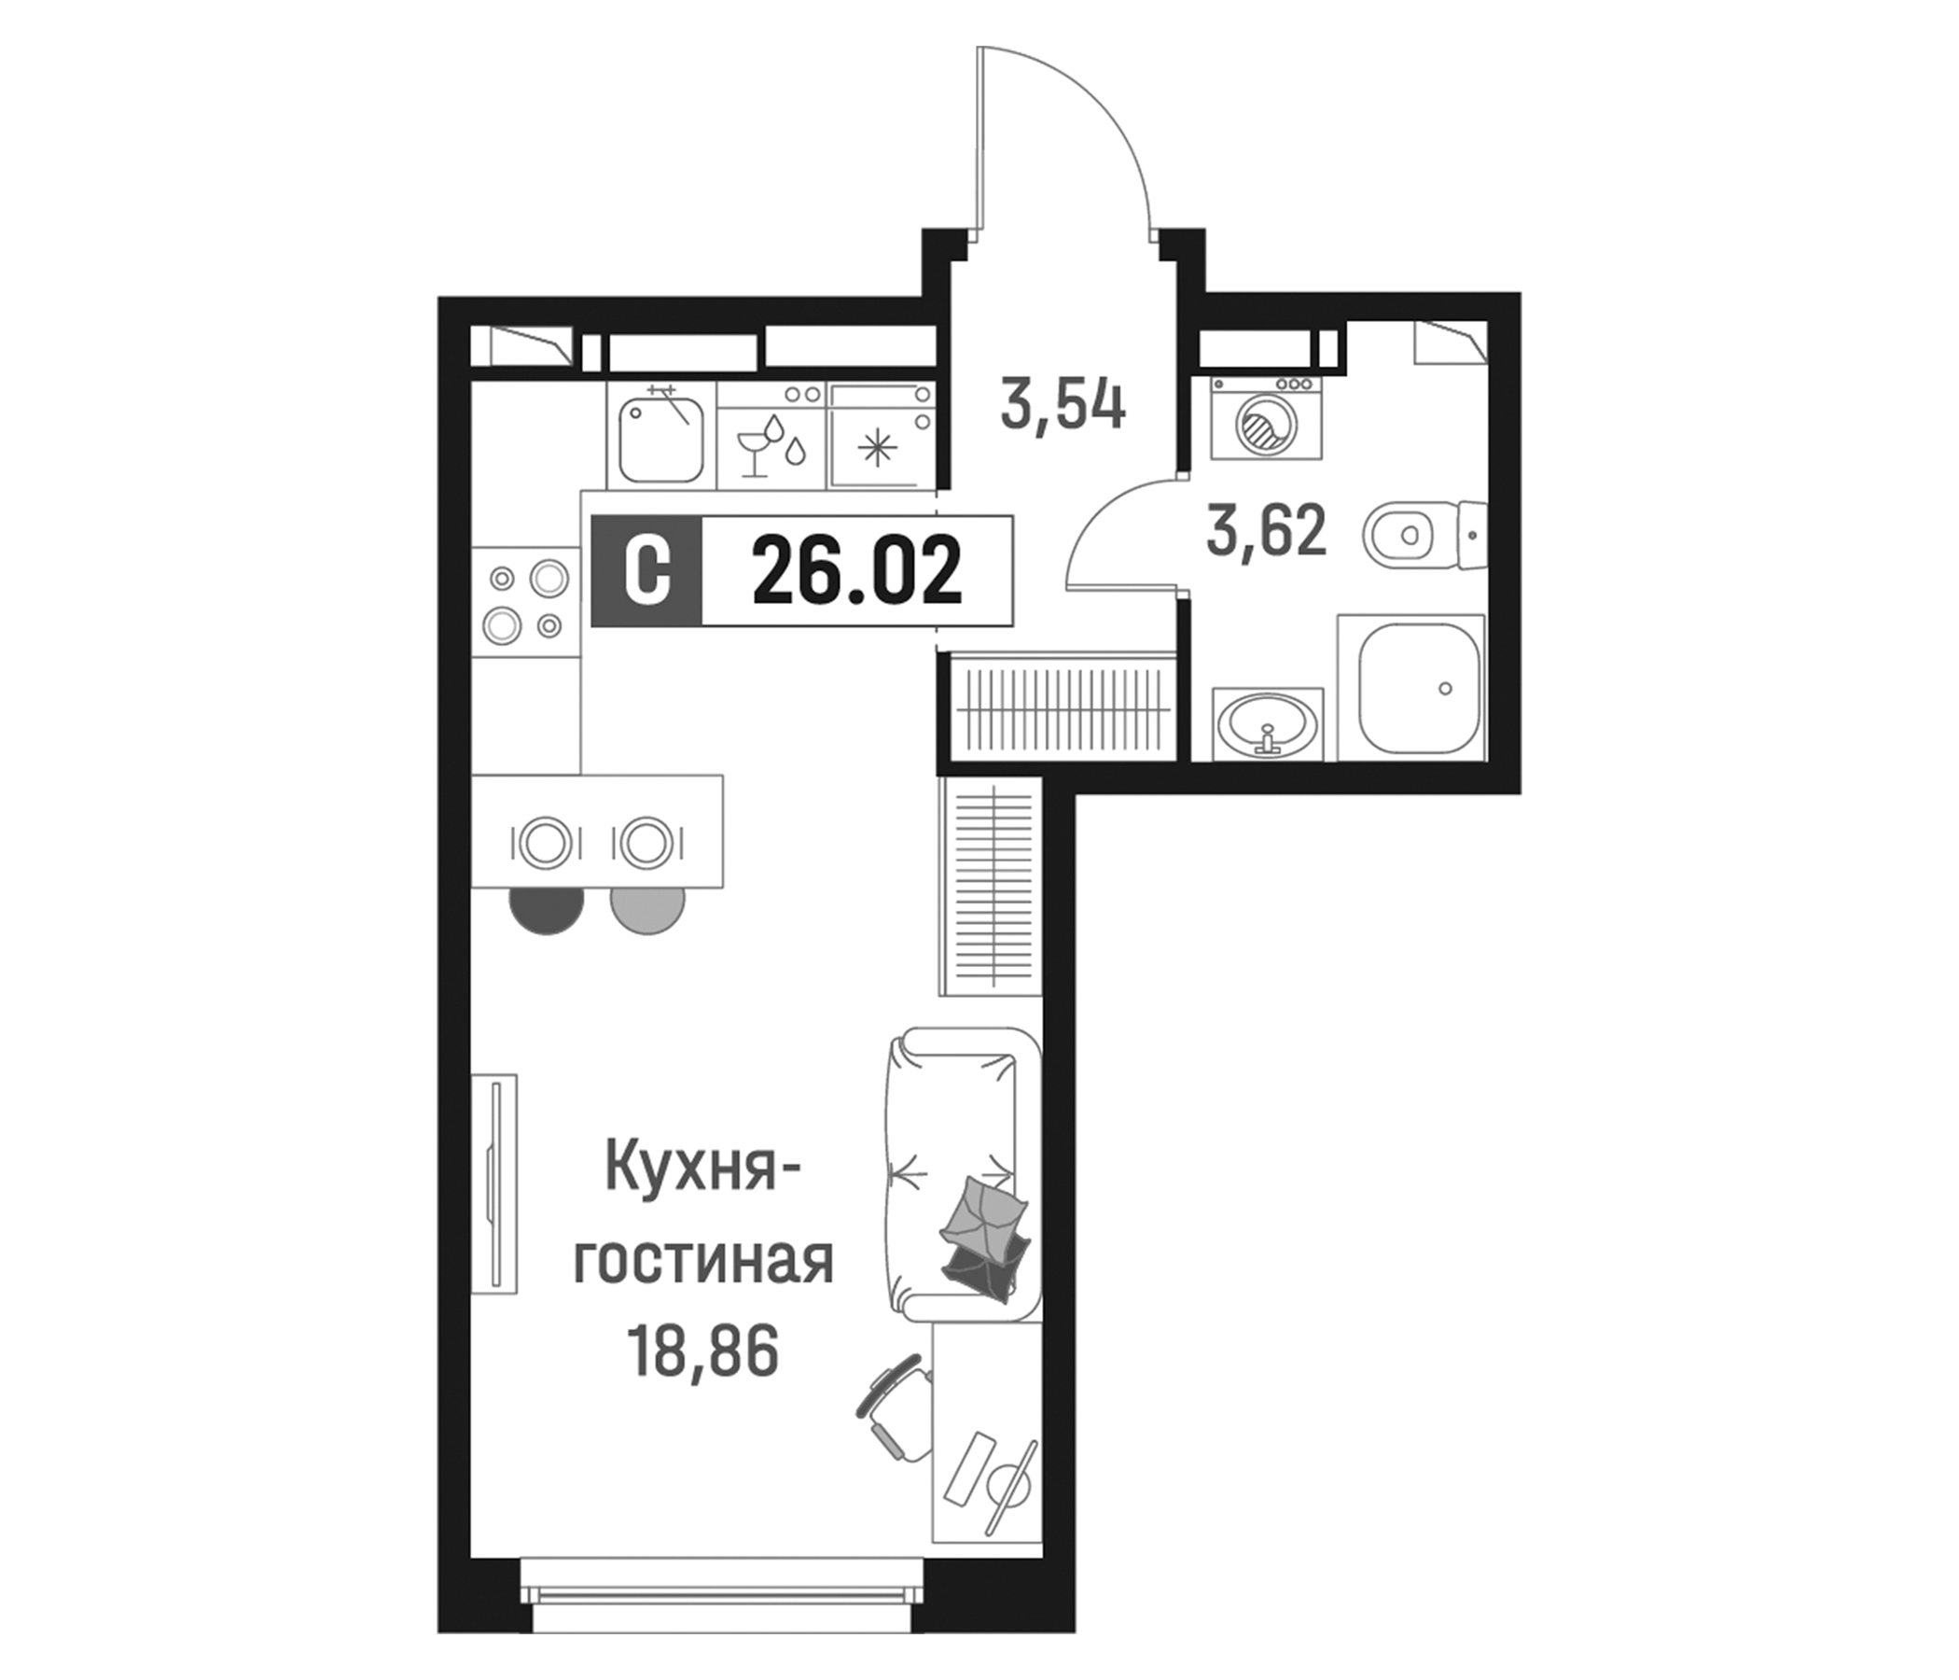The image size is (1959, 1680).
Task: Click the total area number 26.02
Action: pos(856,570)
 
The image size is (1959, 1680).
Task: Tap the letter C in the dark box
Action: pos(646,570)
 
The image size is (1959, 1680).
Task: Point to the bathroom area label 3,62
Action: pos(1267,532)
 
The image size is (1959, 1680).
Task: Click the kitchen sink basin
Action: pos(660,439)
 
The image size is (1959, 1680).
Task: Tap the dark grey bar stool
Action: pos(546,908)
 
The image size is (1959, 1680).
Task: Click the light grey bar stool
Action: pos(647,908)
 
